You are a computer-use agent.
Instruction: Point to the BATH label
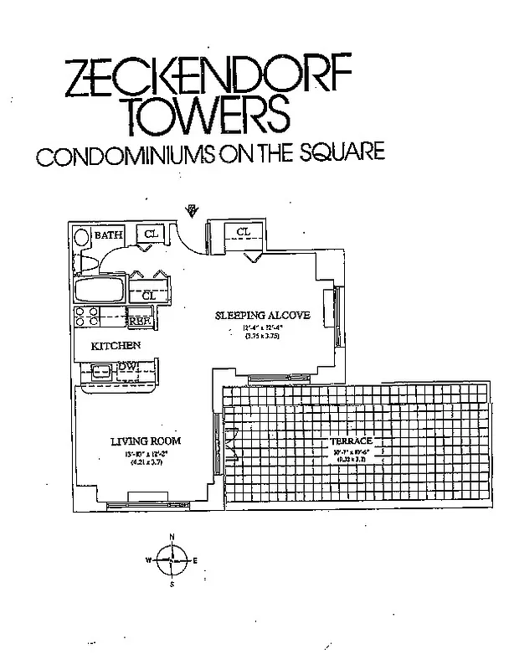(x=108, y=236)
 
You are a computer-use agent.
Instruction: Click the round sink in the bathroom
(x=82, y=237)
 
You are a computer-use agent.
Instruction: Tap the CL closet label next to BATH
(x=152, y=234)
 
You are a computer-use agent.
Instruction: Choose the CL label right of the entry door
(x=243, y=232)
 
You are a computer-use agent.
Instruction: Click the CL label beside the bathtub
(x=148, y=296)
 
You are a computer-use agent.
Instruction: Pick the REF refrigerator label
(x=138, y=319)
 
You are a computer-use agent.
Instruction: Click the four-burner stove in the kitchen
(x=87, y=316)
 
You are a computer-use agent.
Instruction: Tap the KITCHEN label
(x=116, y=345)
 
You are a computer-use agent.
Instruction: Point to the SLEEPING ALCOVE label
(x=263, y=315)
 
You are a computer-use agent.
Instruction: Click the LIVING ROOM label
(x=147, y=441)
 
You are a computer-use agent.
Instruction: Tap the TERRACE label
(x=349, y=441)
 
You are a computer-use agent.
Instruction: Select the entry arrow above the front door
(x=192, y=209)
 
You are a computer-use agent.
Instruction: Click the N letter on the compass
(x=172, y=537)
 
